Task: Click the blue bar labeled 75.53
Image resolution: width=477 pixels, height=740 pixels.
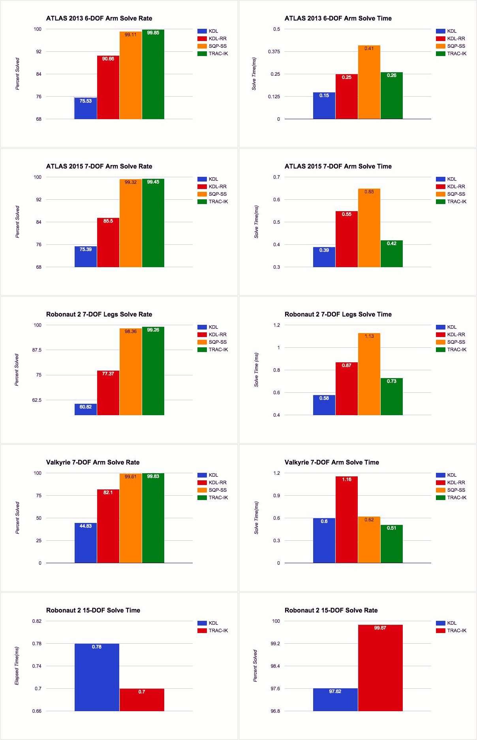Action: [x=86, y=108]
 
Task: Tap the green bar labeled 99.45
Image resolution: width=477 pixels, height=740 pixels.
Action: [x=153, y=223]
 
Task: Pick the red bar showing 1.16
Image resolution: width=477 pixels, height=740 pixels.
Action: [x=347, y=519]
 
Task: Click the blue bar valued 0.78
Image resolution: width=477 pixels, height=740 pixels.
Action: [x=97, y=677]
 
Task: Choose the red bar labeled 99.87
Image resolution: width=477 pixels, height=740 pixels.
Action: [x=380, y=668]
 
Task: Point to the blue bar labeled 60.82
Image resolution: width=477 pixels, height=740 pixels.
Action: [x=86, y=409]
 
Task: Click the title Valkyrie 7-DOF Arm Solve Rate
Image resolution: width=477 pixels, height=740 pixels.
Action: [x=93, y=462]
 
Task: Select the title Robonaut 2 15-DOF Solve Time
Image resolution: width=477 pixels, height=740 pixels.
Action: [x=93, y=610]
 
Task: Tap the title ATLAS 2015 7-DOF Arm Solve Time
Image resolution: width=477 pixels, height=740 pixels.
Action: [x=338, y=166]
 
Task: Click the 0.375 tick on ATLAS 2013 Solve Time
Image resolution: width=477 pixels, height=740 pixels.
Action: [x=274, y=52]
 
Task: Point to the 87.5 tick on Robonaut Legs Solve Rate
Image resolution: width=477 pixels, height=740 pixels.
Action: [x=37, y=350]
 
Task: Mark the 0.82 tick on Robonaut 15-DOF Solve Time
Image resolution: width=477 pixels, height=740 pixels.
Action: [x=37, y=621]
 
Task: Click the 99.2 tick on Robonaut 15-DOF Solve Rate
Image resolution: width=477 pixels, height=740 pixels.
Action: [x=275, y=644]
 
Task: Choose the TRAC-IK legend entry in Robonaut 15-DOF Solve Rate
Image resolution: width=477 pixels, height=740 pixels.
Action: [x=456, y=631]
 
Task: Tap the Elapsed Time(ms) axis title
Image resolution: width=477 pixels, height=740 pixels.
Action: [x=17, y=666]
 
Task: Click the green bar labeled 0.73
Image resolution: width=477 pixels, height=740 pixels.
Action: [x=392, y=397]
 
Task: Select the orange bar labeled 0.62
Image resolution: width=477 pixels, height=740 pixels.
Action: [x=369, y=540]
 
